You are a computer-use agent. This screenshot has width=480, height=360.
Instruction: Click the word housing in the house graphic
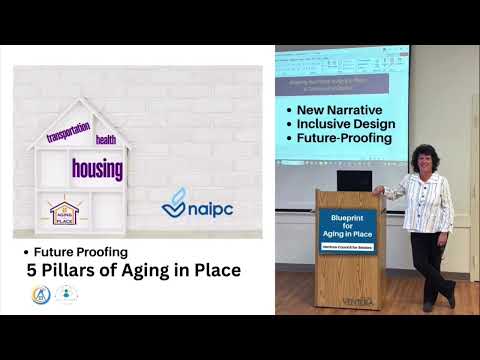click(x=97, y=167)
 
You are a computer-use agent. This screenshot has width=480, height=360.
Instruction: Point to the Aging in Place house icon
click(x=64, y=211)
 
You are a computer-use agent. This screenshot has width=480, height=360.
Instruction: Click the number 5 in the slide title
click(x=32, y=270)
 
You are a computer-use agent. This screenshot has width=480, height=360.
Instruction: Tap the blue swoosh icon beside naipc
click(x=175, y=203)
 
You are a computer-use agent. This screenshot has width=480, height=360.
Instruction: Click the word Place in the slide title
click(x=215, y=270)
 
